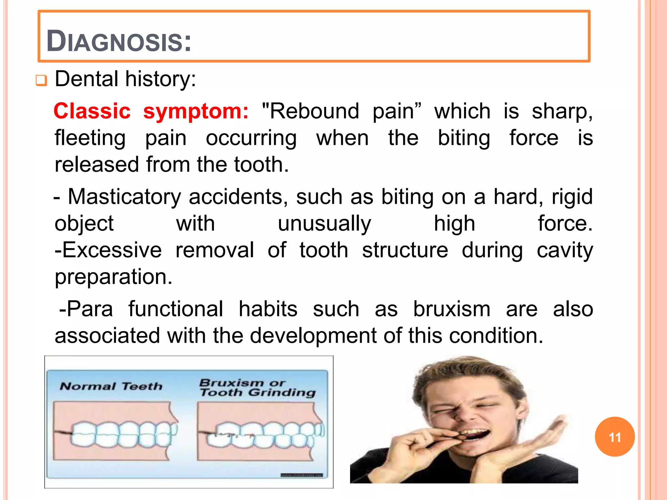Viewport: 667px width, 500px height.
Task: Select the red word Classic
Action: point(92,111)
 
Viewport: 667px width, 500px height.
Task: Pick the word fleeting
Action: point(90,138)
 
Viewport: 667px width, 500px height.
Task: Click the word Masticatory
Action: point(124,197)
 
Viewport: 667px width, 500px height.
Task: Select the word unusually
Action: point(324,224)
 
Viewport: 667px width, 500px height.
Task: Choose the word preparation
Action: point(113,277)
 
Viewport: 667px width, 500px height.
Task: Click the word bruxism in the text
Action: point(451,309)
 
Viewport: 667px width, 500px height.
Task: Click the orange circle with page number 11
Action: point(615,437)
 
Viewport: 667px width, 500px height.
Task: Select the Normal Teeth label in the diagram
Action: point(111,386)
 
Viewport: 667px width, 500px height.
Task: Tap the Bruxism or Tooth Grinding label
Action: point(257,387)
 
